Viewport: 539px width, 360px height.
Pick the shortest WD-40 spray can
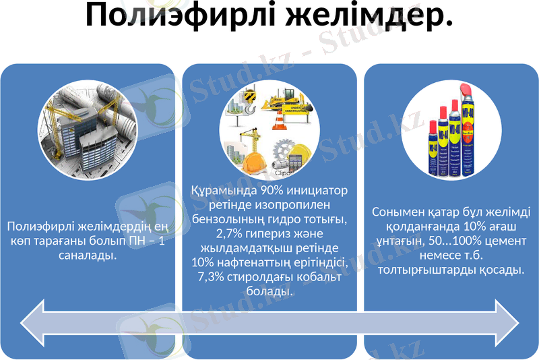click(433, 148)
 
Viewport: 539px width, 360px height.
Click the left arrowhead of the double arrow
click(32, 323)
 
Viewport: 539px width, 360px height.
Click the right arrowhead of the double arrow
click(507, 323)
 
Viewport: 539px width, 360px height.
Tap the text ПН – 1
click(146, 241)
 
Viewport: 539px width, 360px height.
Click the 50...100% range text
click(455, 241)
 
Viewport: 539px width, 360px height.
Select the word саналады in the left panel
click(88, 256)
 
